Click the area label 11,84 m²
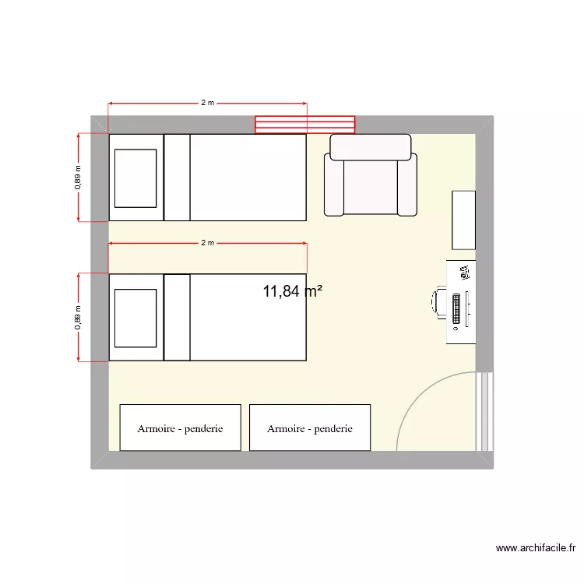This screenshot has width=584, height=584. click(x=293, y=291)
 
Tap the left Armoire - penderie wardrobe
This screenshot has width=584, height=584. click(x=181, y=427)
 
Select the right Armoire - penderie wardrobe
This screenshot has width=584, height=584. click(x=310, y=427)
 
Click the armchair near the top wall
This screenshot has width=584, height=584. click(x=371, y=174)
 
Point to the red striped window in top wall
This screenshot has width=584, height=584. click(x=305, y=125)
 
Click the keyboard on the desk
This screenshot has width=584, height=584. click(x=456, y=308)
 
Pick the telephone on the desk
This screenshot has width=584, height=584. click(x=465, y=273)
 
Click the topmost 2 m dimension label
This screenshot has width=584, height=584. click(x=207, y=103)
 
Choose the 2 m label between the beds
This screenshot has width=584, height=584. click(x=207, y=243)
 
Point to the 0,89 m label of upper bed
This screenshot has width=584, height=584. click(x=78, y=177)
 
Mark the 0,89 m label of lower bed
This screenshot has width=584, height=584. click(x=78, y=317)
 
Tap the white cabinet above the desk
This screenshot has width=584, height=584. click(x=464, y=220)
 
